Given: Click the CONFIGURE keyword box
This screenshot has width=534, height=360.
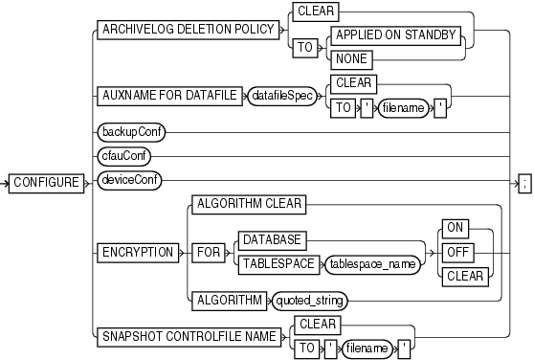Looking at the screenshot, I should pos(46,179).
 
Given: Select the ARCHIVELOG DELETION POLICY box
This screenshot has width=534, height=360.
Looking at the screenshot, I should pos(185,30).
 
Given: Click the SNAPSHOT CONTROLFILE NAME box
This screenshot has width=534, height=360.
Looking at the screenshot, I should pos(186,336).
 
